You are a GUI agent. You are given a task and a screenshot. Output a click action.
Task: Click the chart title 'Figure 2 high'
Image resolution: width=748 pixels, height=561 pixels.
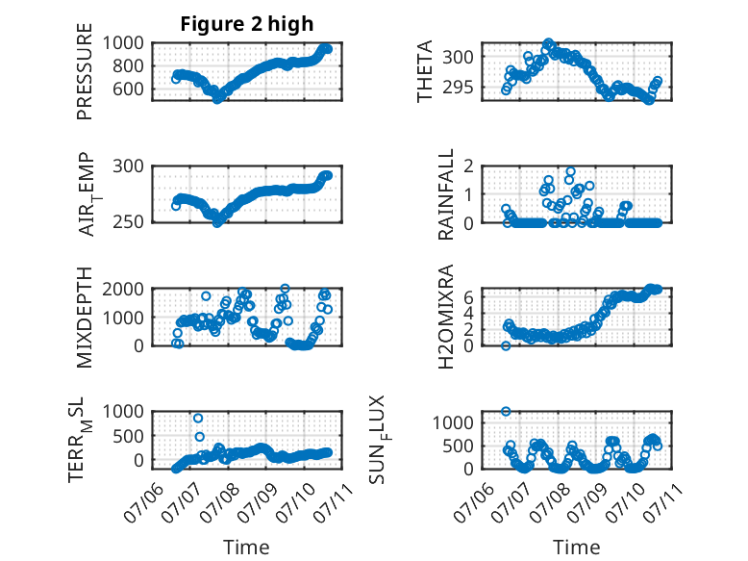tap(247, 24)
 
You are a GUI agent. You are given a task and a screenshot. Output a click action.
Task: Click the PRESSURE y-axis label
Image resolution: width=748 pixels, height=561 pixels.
tap(85, 71)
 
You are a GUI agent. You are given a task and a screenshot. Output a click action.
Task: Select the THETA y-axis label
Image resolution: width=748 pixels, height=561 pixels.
tap(424, 71)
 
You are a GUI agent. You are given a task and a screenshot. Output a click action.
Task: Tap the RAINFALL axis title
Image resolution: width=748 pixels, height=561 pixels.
tap(445, 194)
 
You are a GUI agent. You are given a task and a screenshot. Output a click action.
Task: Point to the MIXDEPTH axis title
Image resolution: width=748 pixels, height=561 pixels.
tap(85, 318)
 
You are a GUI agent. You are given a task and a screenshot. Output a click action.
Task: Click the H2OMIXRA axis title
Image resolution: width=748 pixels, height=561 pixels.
tap(445, 317)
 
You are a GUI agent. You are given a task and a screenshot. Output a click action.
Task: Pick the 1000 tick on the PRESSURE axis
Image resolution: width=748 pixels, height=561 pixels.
tap(123, 43)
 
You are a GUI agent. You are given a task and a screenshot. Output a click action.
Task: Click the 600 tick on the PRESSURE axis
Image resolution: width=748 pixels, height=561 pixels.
tap(128, 89)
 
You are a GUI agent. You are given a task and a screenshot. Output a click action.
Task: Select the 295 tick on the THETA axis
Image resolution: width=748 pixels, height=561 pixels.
tap(458, 88)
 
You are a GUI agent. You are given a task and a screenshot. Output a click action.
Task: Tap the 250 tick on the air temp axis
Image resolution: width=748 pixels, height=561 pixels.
tap(128, 222)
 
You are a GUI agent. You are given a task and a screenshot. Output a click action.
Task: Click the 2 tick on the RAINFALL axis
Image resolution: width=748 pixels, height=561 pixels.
tap(469, 166)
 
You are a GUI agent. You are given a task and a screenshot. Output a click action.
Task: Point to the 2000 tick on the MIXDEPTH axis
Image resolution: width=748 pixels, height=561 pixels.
tap(123, 289)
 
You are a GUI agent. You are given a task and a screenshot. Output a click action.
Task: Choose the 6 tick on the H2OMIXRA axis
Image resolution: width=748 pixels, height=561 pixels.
tap(469, 297)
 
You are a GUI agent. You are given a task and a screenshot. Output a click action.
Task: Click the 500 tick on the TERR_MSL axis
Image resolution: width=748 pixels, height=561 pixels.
tap(128, 436)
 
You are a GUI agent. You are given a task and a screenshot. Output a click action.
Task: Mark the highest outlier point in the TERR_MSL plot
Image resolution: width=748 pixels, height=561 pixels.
tap(198, 419)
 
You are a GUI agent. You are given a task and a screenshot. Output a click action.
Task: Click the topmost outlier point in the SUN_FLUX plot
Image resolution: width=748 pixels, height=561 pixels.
tap(506, 411)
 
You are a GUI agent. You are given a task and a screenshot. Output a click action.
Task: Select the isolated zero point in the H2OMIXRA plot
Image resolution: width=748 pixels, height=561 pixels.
tap(506, 345)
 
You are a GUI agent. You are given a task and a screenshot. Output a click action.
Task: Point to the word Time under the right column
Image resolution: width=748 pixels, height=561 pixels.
tap(576, 548)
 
